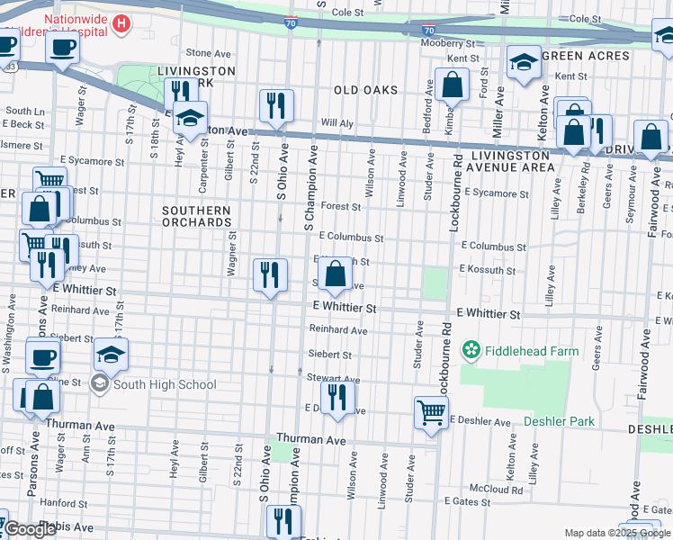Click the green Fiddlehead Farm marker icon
pyautogui.click(x=470, y=348)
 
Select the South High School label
pyautogui.click(x=165, y=385)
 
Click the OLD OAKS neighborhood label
pyautogui.click(x=364, y=90)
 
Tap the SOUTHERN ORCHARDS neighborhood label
pyautogui.click(x=196, y=217)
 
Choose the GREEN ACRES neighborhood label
pyautogui.click(x=590, y=56)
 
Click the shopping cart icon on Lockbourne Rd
pyautogui.click(x=431, y=413)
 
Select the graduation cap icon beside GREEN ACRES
pyautogui.click(x=523, y=62)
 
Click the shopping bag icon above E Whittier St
pyautogui.click(x=335, y=274)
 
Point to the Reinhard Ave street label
pyautogui.click(x=339, y=331)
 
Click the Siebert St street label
pyautogui.click(x=329, y=355)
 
